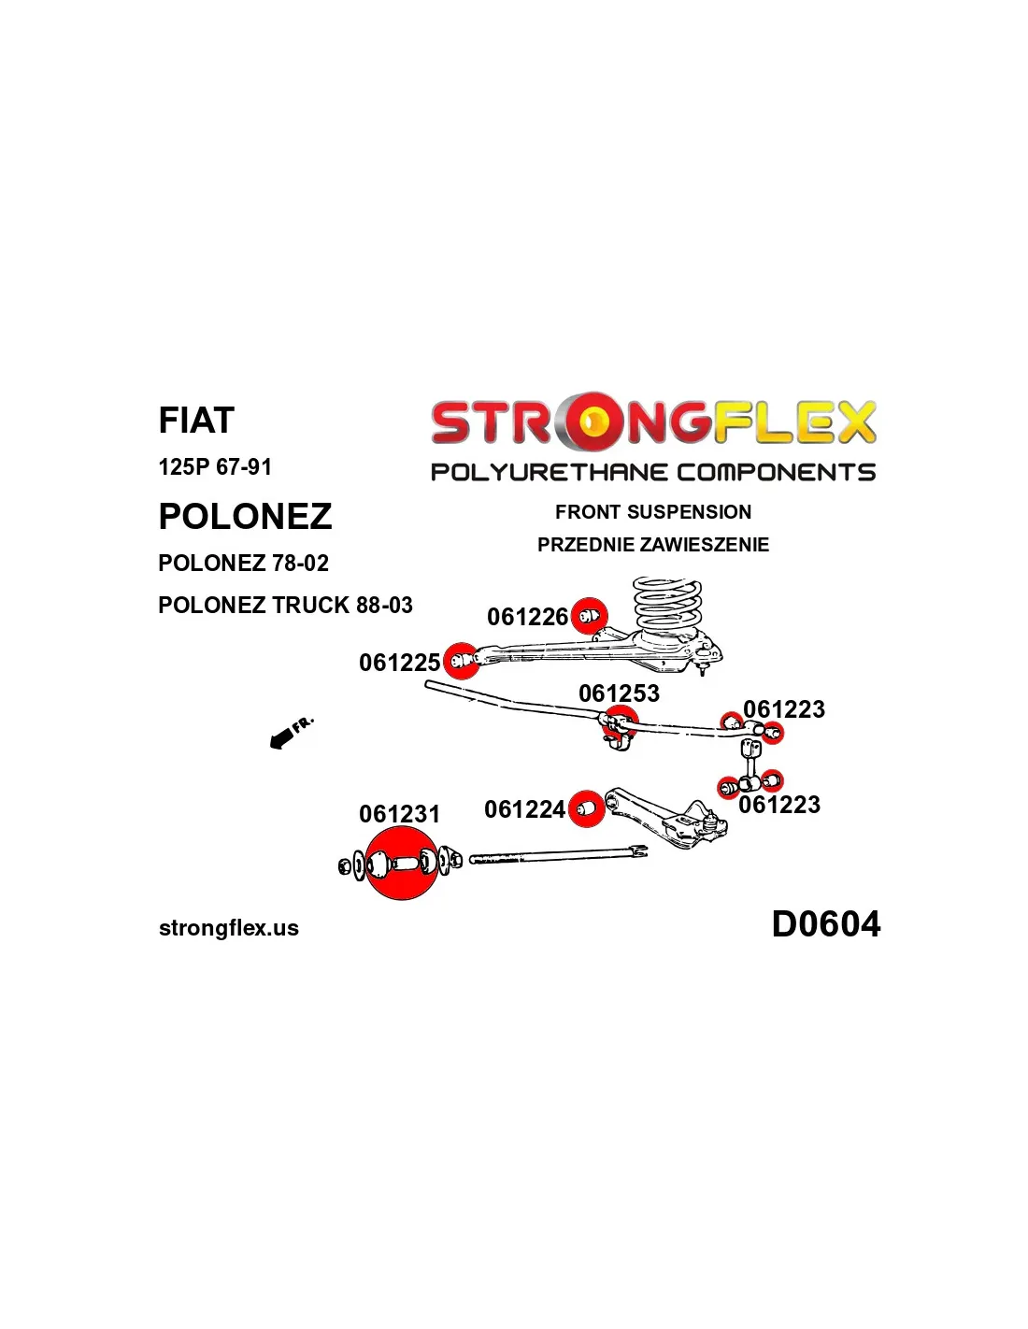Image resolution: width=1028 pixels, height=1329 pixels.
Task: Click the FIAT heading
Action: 196,421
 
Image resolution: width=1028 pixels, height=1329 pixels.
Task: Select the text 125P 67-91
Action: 215,466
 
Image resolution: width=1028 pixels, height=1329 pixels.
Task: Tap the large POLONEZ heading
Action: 245,517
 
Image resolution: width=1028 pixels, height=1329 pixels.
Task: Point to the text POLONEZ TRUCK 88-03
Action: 285,606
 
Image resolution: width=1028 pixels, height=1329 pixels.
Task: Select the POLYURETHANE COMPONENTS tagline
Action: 652,472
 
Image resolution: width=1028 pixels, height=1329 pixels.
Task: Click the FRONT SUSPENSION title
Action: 653,512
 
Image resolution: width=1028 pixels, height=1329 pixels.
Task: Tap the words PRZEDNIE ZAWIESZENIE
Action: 653,545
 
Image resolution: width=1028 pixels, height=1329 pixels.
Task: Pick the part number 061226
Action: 527,617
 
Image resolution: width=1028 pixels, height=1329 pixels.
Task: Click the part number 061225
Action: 399,663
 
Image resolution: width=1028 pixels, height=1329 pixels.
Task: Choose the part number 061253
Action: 619,693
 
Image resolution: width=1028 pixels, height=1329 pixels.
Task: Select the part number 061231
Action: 399,814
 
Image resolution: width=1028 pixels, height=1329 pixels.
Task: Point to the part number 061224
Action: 524,809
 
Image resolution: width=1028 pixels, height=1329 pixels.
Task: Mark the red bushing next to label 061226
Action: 589,616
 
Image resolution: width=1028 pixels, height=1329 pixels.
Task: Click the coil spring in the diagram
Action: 666,606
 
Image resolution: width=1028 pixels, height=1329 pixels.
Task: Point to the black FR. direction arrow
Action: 281,739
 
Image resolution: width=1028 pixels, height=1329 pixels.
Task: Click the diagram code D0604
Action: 825,924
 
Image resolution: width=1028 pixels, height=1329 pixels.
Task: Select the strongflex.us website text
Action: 229,928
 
